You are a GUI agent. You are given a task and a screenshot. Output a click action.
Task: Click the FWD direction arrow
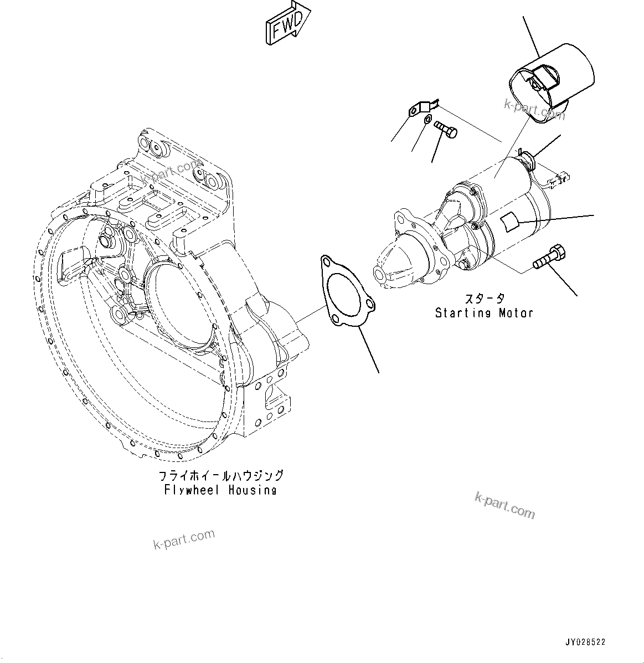[286, 23]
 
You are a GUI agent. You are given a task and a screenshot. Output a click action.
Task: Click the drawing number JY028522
[585, 642]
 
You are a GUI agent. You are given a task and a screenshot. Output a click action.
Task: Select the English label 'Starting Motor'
[484, 313]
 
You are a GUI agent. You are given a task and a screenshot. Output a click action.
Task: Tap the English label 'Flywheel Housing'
[220, 490]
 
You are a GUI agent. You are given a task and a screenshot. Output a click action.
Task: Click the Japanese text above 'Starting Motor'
[484, 299]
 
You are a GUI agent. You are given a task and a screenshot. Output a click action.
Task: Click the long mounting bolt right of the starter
[549, 259]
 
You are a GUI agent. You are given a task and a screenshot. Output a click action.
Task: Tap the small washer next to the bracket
[427, 121]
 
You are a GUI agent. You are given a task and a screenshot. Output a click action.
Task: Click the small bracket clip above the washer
[423, 107]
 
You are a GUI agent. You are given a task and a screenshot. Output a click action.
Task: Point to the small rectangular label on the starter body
[509, 222]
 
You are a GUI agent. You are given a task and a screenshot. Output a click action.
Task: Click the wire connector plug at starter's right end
[560, 179]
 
